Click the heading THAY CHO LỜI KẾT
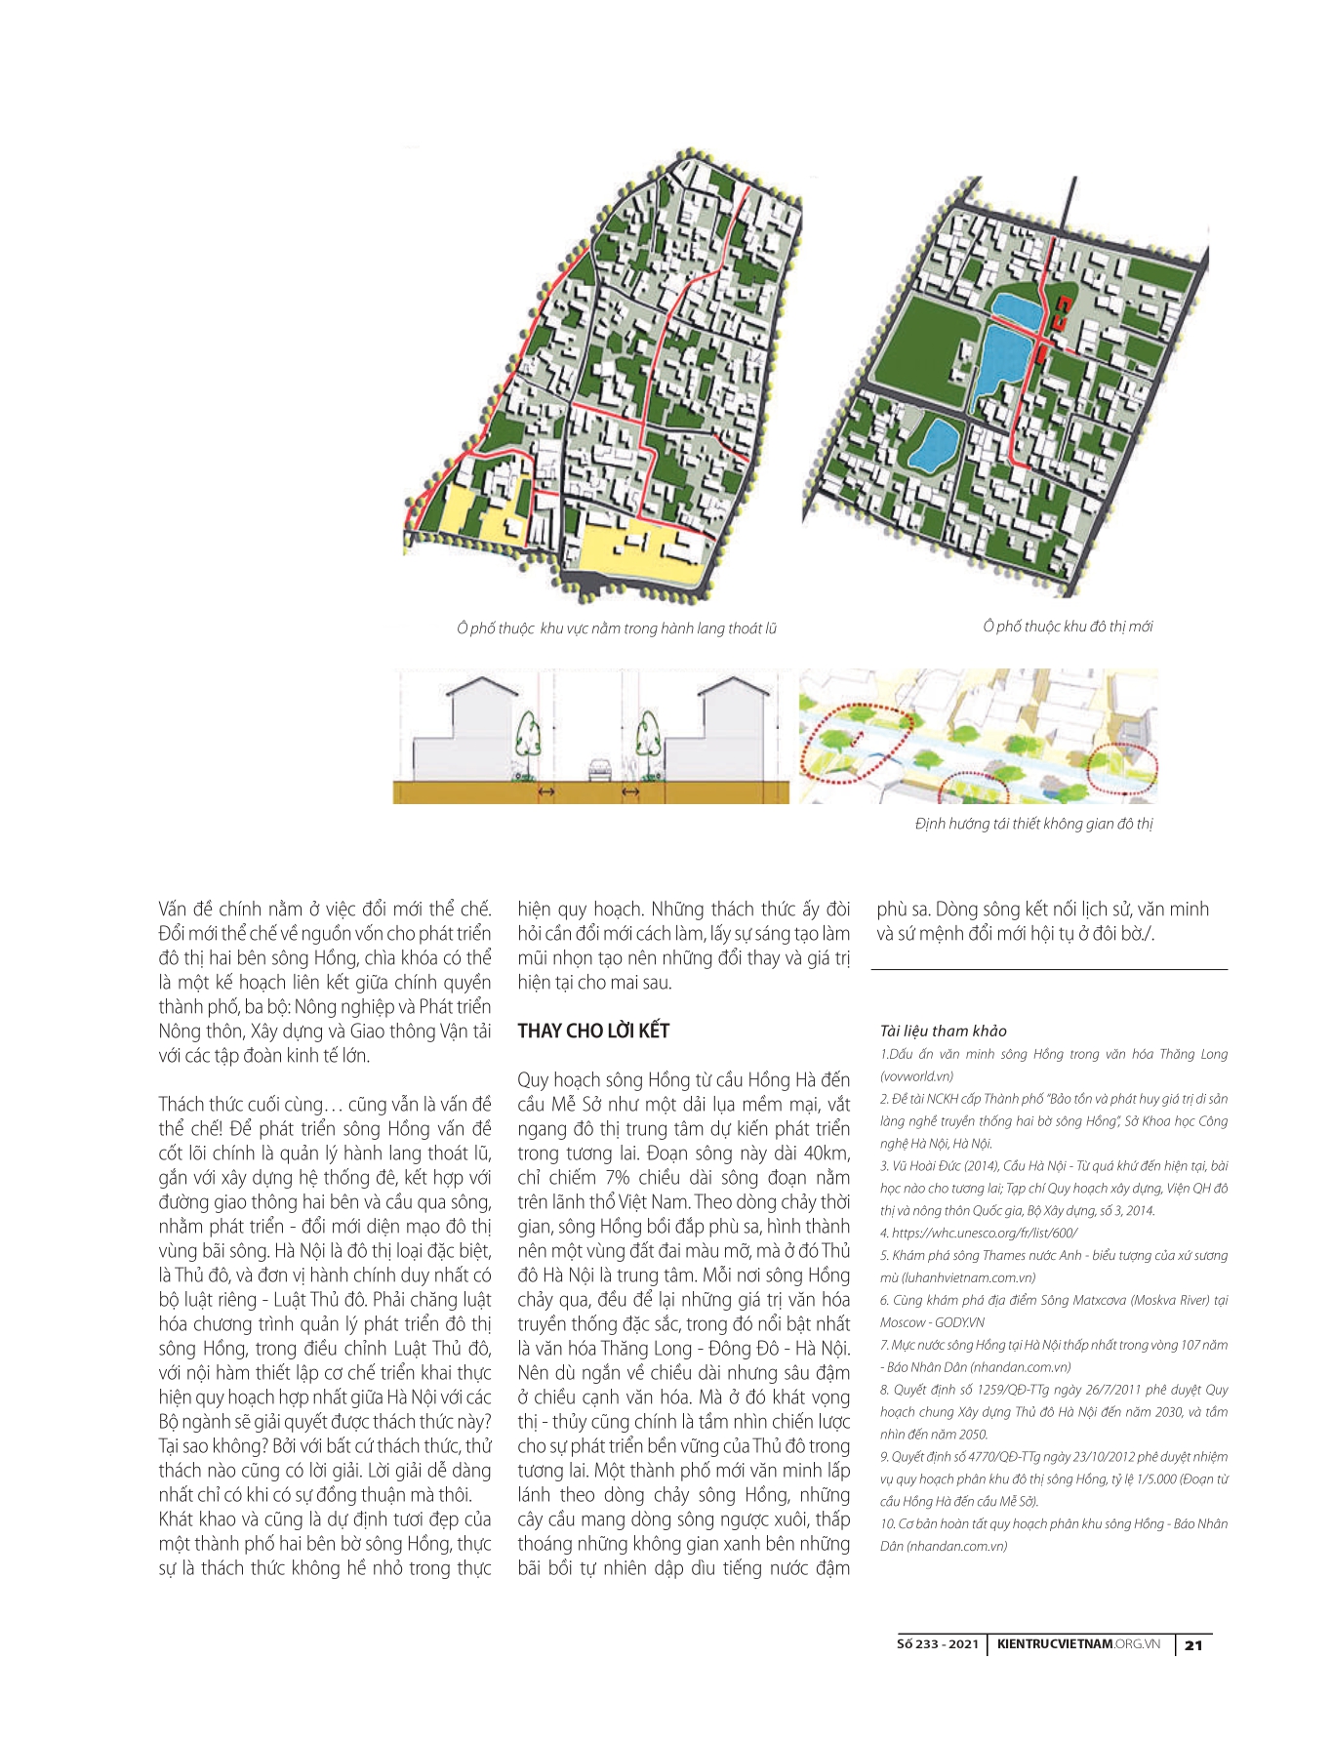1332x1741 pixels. pyautogui.click(x=593, y=1032)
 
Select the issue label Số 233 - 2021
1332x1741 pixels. pyautogui.click(x=936, y=1644)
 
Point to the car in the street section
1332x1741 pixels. pyautogui.click(x=599, y=770)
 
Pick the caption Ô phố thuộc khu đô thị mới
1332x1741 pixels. pyautogui.click(x=1068, y=627)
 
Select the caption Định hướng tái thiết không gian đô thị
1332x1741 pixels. pyautogui.click(x=1033, y=824)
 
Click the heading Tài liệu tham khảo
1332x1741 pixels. pyautogui.click(x=943, y=1031)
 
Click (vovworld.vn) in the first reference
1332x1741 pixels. pyautogui.click(x=916, y=1075)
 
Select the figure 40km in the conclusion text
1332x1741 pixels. pyautogui.click(x=827, y=1154)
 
